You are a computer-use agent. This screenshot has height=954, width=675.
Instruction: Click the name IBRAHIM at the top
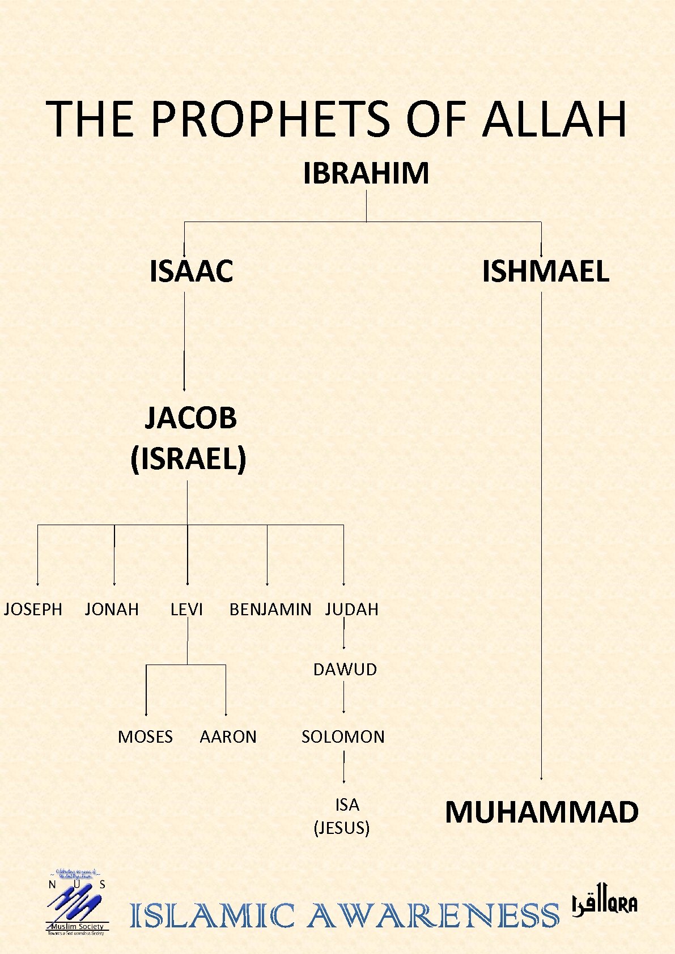tap(366, 173)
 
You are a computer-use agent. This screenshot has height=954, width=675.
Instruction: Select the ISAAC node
tap(192, 271)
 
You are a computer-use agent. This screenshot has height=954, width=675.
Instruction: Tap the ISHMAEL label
tap(545, 271)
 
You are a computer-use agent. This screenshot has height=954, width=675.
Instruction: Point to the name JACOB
tap(190, 418)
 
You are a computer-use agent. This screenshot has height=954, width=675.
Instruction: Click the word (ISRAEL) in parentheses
tap(188, 458)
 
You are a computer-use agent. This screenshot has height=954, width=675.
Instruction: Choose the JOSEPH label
tap(33, 610)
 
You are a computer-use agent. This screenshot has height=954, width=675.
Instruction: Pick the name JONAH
tap(112, 610)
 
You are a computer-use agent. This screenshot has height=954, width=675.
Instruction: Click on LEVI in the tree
tap(186, 610)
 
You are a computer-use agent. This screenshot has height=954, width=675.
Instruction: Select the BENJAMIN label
tap(270, 610)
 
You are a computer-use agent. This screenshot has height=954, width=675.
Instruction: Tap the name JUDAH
tap(352, 610)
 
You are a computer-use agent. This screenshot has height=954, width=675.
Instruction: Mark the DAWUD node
tap(345, 670)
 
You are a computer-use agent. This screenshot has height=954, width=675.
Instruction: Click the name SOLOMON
tap(343, 737)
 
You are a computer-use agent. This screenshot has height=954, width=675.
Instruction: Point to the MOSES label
tap(145, 737)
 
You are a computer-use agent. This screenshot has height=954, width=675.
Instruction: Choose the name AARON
tap(228, 737)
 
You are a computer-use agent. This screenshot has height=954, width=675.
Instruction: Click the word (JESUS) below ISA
tap(342, 828)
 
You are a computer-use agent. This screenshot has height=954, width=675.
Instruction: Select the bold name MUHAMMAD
tap(542, 812)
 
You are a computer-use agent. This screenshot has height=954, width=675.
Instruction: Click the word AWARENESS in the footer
tap(433, 916)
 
